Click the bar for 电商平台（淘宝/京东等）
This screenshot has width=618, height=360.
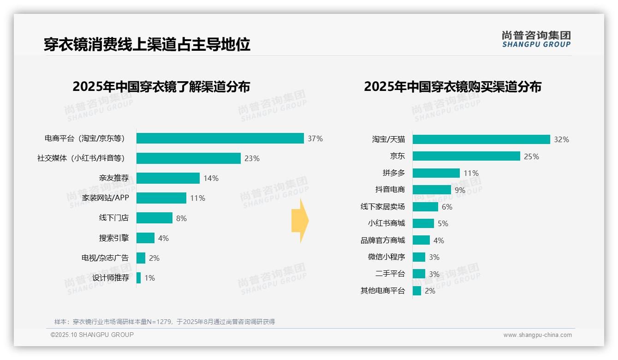[220, 138]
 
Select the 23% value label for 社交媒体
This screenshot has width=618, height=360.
[252, 158]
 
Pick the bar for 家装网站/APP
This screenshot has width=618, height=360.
[161, 198]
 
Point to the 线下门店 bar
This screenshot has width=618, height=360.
[154, 218]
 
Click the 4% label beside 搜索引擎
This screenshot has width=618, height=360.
[163, 238]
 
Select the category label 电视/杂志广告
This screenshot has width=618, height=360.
[105, 258]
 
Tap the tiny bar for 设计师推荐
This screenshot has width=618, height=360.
[138, 278]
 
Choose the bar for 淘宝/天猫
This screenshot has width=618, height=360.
[481, 139]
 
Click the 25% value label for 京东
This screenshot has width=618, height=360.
[531, 156]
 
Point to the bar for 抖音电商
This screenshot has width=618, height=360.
[432, 190]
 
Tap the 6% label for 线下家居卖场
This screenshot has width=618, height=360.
[447, 207]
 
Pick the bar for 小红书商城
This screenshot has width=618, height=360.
[423, 223]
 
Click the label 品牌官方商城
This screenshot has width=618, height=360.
[382, 240]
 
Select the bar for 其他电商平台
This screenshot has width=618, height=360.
[417, 291]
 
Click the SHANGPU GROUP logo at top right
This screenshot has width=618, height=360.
[536, 39]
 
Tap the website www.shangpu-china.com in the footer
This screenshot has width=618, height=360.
[537, 335]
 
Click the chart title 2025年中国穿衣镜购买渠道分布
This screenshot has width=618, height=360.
[452, 87]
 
